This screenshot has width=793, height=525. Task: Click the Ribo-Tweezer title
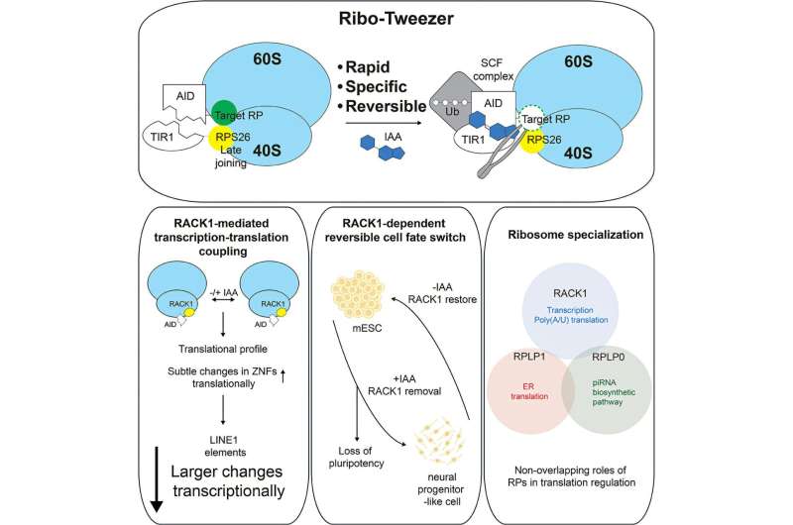396,19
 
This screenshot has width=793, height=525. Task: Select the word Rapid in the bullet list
368,66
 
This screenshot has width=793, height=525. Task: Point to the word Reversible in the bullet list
386,106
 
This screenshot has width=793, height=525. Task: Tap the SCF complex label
497,69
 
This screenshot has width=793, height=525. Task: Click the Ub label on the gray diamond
452,111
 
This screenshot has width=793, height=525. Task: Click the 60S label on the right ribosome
578,61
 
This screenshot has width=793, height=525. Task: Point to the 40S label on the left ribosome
266,151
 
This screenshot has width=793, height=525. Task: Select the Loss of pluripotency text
356,457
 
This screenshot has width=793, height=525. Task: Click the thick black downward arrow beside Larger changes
157,479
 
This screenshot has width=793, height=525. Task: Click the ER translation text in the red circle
529,391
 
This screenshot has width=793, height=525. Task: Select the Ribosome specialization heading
576,235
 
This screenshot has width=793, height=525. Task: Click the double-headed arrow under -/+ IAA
223,300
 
